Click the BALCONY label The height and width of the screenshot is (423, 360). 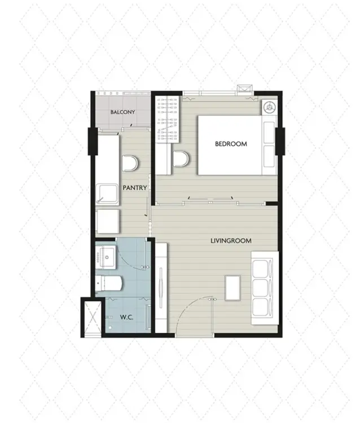122,112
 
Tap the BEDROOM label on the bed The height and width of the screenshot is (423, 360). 231,144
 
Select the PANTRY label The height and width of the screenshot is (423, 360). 135,188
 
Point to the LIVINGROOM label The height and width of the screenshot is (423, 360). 231,241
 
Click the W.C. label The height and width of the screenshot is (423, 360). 126,317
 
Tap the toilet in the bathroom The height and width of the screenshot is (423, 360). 109,283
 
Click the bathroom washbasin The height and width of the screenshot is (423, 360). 106,257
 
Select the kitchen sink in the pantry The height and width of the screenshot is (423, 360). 107,194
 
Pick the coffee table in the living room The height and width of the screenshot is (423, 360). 232,288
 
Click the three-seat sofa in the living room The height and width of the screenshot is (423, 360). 265,288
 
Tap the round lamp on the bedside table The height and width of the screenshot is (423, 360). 270,107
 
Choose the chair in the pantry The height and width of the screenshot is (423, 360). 130,163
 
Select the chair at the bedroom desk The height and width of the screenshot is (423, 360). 181,158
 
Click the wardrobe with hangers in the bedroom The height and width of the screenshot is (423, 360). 168,118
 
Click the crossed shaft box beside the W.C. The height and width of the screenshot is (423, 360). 93,317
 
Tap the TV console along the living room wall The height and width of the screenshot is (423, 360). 161,288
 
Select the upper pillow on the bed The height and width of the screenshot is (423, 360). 269,132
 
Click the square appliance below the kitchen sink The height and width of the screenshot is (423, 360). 108,222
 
